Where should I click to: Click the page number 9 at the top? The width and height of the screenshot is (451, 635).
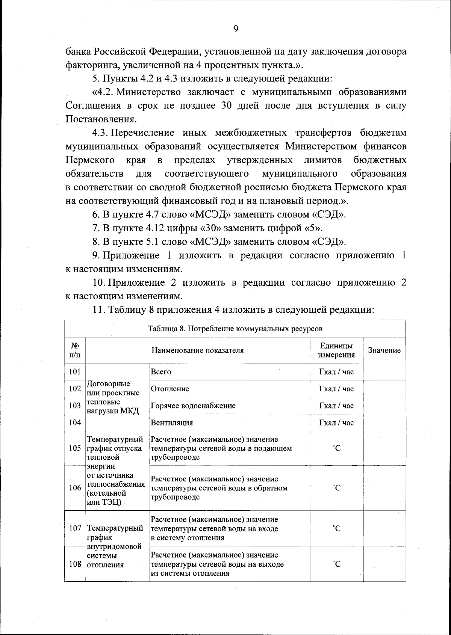point(236,29)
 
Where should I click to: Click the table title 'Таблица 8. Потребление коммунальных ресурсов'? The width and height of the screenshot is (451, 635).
point(235,329)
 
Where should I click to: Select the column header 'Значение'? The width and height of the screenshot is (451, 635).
point(384,350)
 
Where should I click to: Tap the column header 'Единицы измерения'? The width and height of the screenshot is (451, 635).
point(336,350)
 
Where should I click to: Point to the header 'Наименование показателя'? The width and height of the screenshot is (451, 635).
point(198,350)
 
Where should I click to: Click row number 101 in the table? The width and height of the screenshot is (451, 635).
point(75,372)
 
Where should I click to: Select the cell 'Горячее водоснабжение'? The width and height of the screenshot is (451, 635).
point(193,406)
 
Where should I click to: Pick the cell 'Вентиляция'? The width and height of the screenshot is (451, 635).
point(172,422)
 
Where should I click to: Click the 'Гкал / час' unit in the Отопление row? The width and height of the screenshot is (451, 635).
point(336,389)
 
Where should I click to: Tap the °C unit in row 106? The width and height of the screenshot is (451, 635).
point(336,488)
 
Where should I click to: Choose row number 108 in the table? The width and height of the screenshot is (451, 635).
point(75,564)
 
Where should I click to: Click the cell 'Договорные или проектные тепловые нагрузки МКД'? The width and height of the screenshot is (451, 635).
point(113,397)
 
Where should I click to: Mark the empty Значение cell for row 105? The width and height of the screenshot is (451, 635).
point(384,448)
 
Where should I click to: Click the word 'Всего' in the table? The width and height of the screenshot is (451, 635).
point(161,372)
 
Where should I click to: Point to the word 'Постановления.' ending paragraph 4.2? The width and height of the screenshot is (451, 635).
point(101,119)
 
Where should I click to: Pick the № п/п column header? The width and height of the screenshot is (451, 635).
point(75,350)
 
